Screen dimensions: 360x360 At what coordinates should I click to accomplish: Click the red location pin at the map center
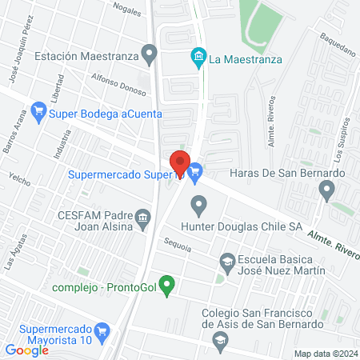[180, 163]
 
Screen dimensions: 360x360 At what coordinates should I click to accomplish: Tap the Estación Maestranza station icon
[148, 55]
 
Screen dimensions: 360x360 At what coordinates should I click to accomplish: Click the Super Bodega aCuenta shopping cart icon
[37, 113]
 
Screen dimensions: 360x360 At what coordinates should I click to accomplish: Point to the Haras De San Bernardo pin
[326, 190]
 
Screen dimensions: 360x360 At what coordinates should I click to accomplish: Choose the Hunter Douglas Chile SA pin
[199, 208]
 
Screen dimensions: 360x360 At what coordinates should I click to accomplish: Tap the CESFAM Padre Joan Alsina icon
[143, 216]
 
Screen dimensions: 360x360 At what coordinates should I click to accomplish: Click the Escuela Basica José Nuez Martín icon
[227, 262]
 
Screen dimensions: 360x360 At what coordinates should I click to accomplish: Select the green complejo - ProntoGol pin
[166, 283]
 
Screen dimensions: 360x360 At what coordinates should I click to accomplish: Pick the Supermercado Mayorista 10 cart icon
[102, 330]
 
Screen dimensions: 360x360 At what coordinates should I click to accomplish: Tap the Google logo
[27, 350]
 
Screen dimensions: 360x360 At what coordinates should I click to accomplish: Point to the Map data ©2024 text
[324, 353]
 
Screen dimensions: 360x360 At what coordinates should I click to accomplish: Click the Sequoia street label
[177, 248]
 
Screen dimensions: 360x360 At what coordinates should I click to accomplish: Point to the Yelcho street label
[18, 174]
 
